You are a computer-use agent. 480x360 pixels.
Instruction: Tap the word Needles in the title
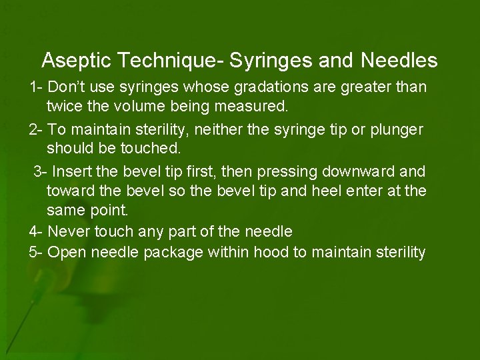click(x=399, y=61)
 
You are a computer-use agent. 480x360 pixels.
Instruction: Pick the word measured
click(x=255, y=105)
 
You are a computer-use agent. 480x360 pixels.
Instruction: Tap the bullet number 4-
click(x=37, y=232)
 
